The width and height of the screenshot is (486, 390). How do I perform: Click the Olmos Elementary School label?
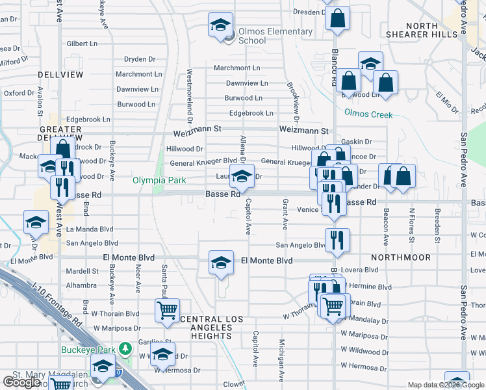coord(267,36)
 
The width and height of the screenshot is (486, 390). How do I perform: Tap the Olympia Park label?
coord(160,181)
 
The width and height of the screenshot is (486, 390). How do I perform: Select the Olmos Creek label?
coord(368,114)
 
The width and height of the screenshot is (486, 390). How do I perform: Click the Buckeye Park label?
coord(88,349)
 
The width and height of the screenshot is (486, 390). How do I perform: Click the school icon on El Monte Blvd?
coord(221,263)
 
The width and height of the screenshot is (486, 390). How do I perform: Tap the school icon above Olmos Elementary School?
coord(220,25)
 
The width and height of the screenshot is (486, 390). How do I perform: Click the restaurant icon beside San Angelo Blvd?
coord(338,239)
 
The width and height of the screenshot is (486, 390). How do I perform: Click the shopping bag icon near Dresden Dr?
coord(337,18)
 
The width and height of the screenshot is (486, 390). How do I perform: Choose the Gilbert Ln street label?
coord(82,44)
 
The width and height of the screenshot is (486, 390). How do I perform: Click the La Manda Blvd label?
coord(90,229)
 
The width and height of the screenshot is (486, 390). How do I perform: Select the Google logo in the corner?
coord(21,382)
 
